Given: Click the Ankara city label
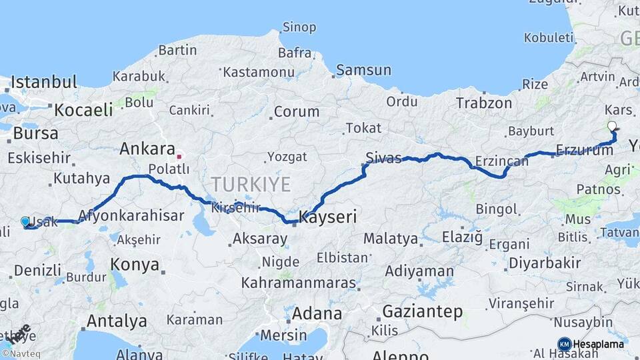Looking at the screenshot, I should point(147,149).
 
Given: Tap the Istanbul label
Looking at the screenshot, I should point(44,83).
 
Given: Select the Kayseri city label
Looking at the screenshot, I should point(328,217).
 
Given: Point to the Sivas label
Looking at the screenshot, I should point(383,158).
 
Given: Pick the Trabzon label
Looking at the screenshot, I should point(484,103).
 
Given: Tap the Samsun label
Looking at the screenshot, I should point(363,70).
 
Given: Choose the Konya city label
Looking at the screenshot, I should point(135,265).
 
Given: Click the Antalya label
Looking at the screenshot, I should point(117,321).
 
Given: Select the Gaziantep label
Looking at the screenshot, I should point(423,311).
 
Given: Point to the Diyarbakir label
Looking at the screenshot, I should point(549,263).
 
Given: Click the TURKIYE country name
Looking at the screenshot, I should point(251,184).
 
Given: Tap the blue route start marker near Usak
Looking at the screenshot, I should point(25,221).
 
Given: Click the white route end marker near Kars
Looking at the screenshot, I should point(612,126).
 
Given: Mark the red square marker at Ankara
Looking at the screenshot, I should point(179,157).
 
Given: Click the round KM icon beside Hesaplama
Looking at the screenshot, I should point(564,344).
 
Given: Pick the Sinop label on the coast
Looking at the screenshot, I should point(299,27).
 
